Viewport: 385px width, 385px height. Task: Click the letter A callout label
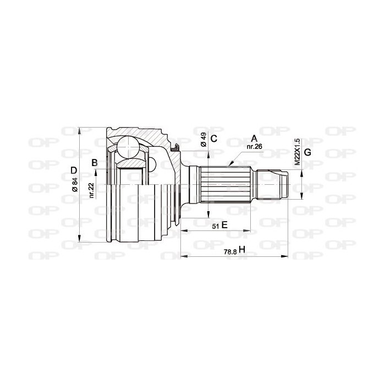pyautogui.click(x=254, y=139)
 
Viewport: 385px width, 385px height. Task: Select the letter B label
pyautogui.click(x=95, y=163)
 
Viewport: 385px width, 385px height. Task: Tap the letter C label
pyautogui.click(x=214, y=139)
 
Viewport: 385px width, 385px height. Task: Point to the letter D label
pyautogui.click(x=74, y=170)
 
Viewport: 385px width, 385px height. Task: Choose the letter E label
pyautogui.click(x=224, y=225)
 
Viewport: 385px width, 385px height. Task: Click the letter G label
pyautogui.click(x=307, y=152)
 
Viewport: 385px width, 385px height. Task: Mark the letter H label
pyautogui.click(x=242, y=250)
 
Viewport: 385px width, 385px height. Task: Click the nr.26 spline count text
pyautogui.click(x=254, y=147)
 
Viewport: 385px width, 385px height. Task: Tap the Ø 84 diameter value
pyautogui.click(x=75, y=184)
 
